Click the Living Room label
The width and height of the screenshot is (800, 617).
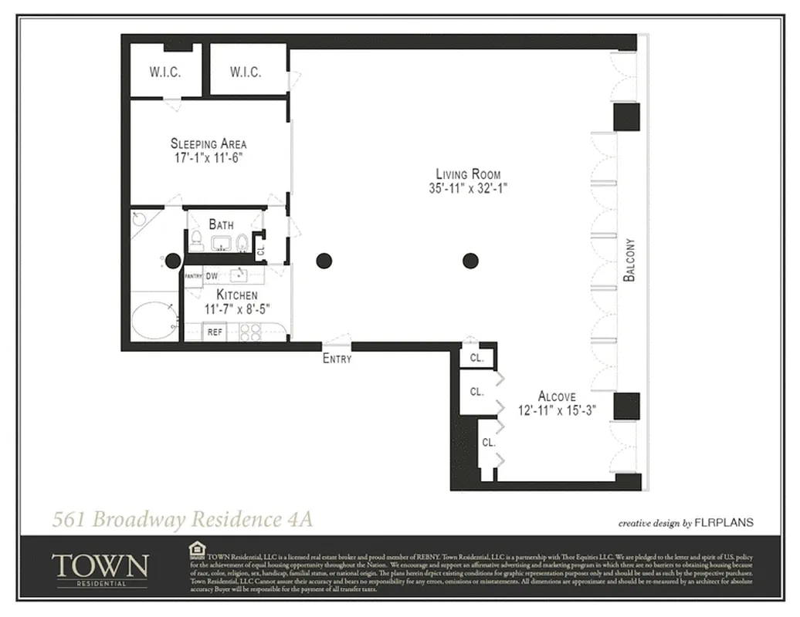(x=468, y=174)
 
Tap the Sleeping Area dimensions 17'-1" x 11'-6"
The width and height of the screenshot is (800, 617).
(x=208, y=158)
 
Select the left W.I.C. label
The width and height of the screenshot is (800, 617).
(x=165, y=72)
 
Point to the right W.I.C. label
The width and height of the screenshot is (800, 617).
(x=246, y=72)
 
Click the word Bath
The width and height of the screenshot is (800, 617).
(x=221, y=224)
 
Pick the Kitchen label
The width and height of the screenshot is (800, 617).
(x=236, y=295)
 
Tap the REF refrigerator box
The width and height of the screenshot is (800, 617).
(x=214, y=332)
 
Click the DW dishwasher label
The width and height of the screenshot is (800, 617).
(x=211, y=275)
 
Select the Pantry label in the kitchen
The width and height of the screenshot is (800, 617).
(x=193, y=275)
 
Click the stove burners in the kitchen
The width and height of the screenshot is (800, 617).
(x=250, y=332)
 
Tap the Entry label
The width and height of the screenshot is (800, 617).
(x=337, y=359)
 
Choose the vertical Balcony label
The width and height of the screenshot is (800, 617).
(x=629, y=258)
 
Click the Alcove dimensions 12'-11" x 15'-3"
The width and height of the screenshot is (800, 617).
(x=557, y=411)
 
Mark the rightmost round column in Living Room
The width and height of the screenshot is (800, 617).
(x=470, y=261)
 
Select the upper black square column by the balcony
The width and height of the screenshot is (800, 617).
(x=626, y=117)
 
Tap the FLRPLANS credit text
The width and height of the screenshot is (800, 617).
(x=724, y=523)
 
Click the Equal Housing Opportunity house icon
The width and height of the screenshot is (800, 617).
(x=196, y=549)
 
